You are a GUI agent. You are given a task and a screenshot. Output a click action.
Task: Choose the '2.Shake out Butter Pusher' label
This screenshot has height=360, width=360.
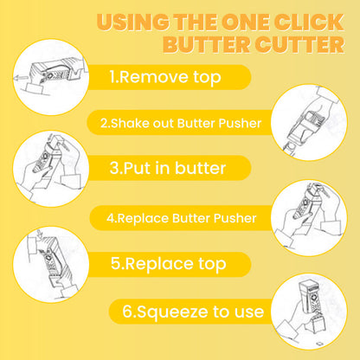coord(181,123)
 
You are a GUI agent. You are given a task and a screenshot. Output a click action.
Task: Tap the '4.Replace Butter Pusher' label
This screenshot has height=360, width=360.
coord(181,217)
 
